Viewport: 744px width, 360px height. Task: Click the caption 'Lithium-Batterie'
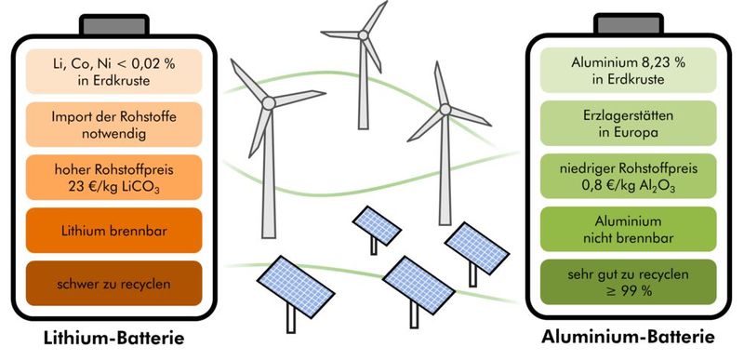coord(112,337)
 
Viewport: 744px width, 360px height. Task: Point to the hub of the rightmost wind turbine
coord(446,111)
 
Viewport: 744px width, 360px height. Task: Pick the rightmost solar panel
coord(473,244)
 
